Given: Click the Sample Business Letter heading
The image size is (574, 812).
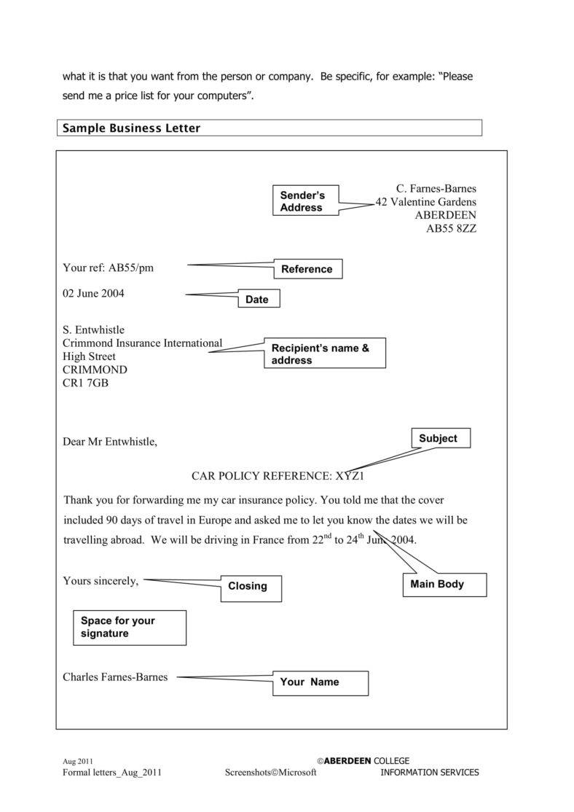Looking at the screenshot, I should (132, 128).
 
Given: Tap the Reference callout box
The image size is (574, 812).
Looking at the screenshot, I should (307, 269).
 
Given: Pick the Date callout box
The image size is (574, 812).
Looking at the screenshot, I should (258, 299).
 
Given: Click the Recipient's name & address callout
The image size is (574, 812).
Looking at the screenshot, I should (324, 354).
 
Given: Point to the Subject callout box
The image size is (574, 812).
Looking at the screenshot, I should (441, 438).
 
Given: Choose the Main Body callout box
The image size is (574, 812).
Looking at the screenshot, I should (443, 585).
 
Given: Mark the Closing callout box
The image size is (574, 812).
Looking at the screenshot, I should (251, 588).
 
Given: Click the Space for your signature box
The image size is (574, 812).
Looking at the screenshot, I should (129, 628).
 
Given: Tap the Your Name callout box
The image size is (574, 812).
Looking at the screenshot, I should (320, 683).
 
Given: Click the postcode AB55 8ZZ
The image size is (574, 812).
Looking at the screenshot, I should (451, 228).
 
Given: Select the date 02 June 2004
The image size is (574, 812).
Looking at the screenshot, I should (93, 294).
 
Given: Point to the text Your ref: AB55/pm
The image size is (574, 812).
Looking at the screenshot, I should (108, 268).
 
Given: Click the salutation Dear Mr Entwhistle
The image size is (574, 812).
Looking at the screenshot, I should (109, 442).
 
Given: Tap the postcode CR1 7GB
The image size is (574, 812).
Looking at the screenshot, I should (85, 383).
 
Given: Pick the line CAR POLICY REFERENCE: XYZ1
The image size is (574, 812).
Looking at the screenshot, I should (277, 477).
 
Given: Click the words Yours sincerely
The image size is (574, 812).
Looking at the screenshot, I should (101, 581).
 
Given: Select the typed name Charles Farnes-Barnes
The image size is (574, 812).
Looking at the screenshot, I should (115, 677).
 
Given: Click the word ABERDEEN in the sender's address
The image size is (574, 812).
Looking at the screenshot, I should (445, 215).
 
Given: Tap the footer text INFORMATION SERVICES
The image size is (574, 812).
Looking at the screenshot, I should (430, 773).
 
